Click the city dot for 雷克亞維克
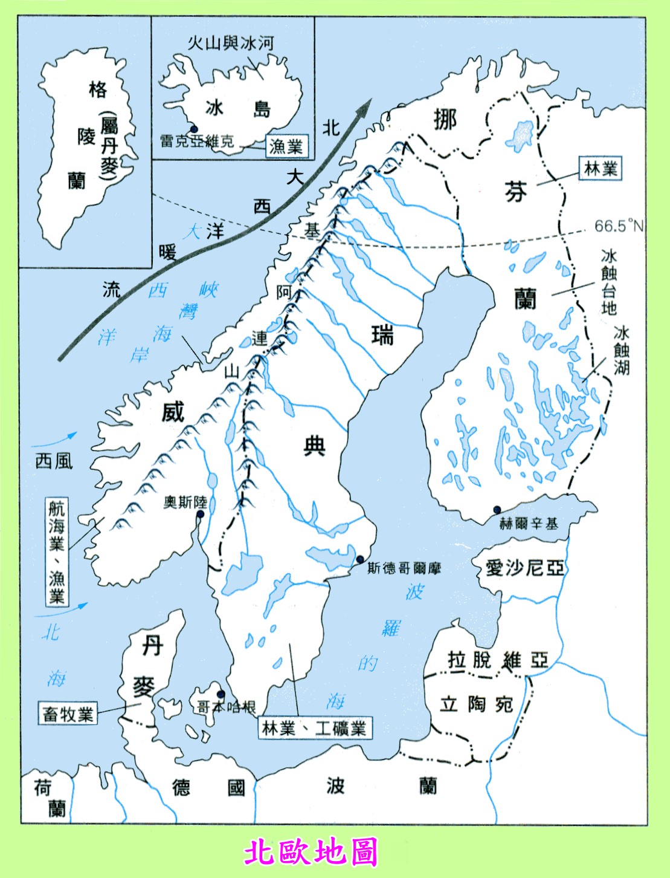(x=194, y=129)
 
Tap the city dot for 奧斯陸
(x=200, y=514)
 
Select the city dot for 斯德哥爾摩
(x=360, y=559)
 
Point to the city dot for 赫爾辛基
(x=497, y=509)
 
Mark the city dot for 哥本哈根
(x=221, y=694)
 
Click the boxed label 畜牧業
(x=68, y=714)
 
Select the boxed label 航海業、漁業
(x=57, y=551)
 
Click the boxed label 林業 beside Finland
(x=601, y=169)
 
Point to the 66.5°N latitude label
(x=619, y=226)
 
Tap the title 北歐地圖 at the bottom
(x=311, y=852)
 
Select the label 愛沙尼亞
(x=524, y=567)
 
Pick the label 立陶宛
(x=476, y=704)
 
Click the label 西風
(x=54, y=461)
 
